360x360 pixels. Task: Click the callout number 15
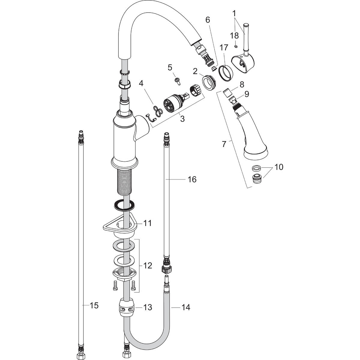click(94, 305)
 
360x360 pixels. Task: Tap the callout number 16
click(192, 179)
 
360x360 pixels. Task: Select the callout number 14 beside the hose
click(186, 307)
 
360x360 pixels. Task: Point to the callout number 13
click(147, 307)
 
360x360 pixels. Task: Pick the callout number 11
click(147, 223)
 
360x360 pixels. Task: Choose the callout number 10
click(279, 167)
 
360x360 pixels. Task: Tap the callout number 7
click(224, 144)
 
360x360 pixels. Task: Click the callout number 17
click(223, 47)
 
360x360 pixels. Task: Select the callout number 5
click(170, 67)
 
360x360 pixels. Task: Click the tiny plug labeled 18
click(236, 46)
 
